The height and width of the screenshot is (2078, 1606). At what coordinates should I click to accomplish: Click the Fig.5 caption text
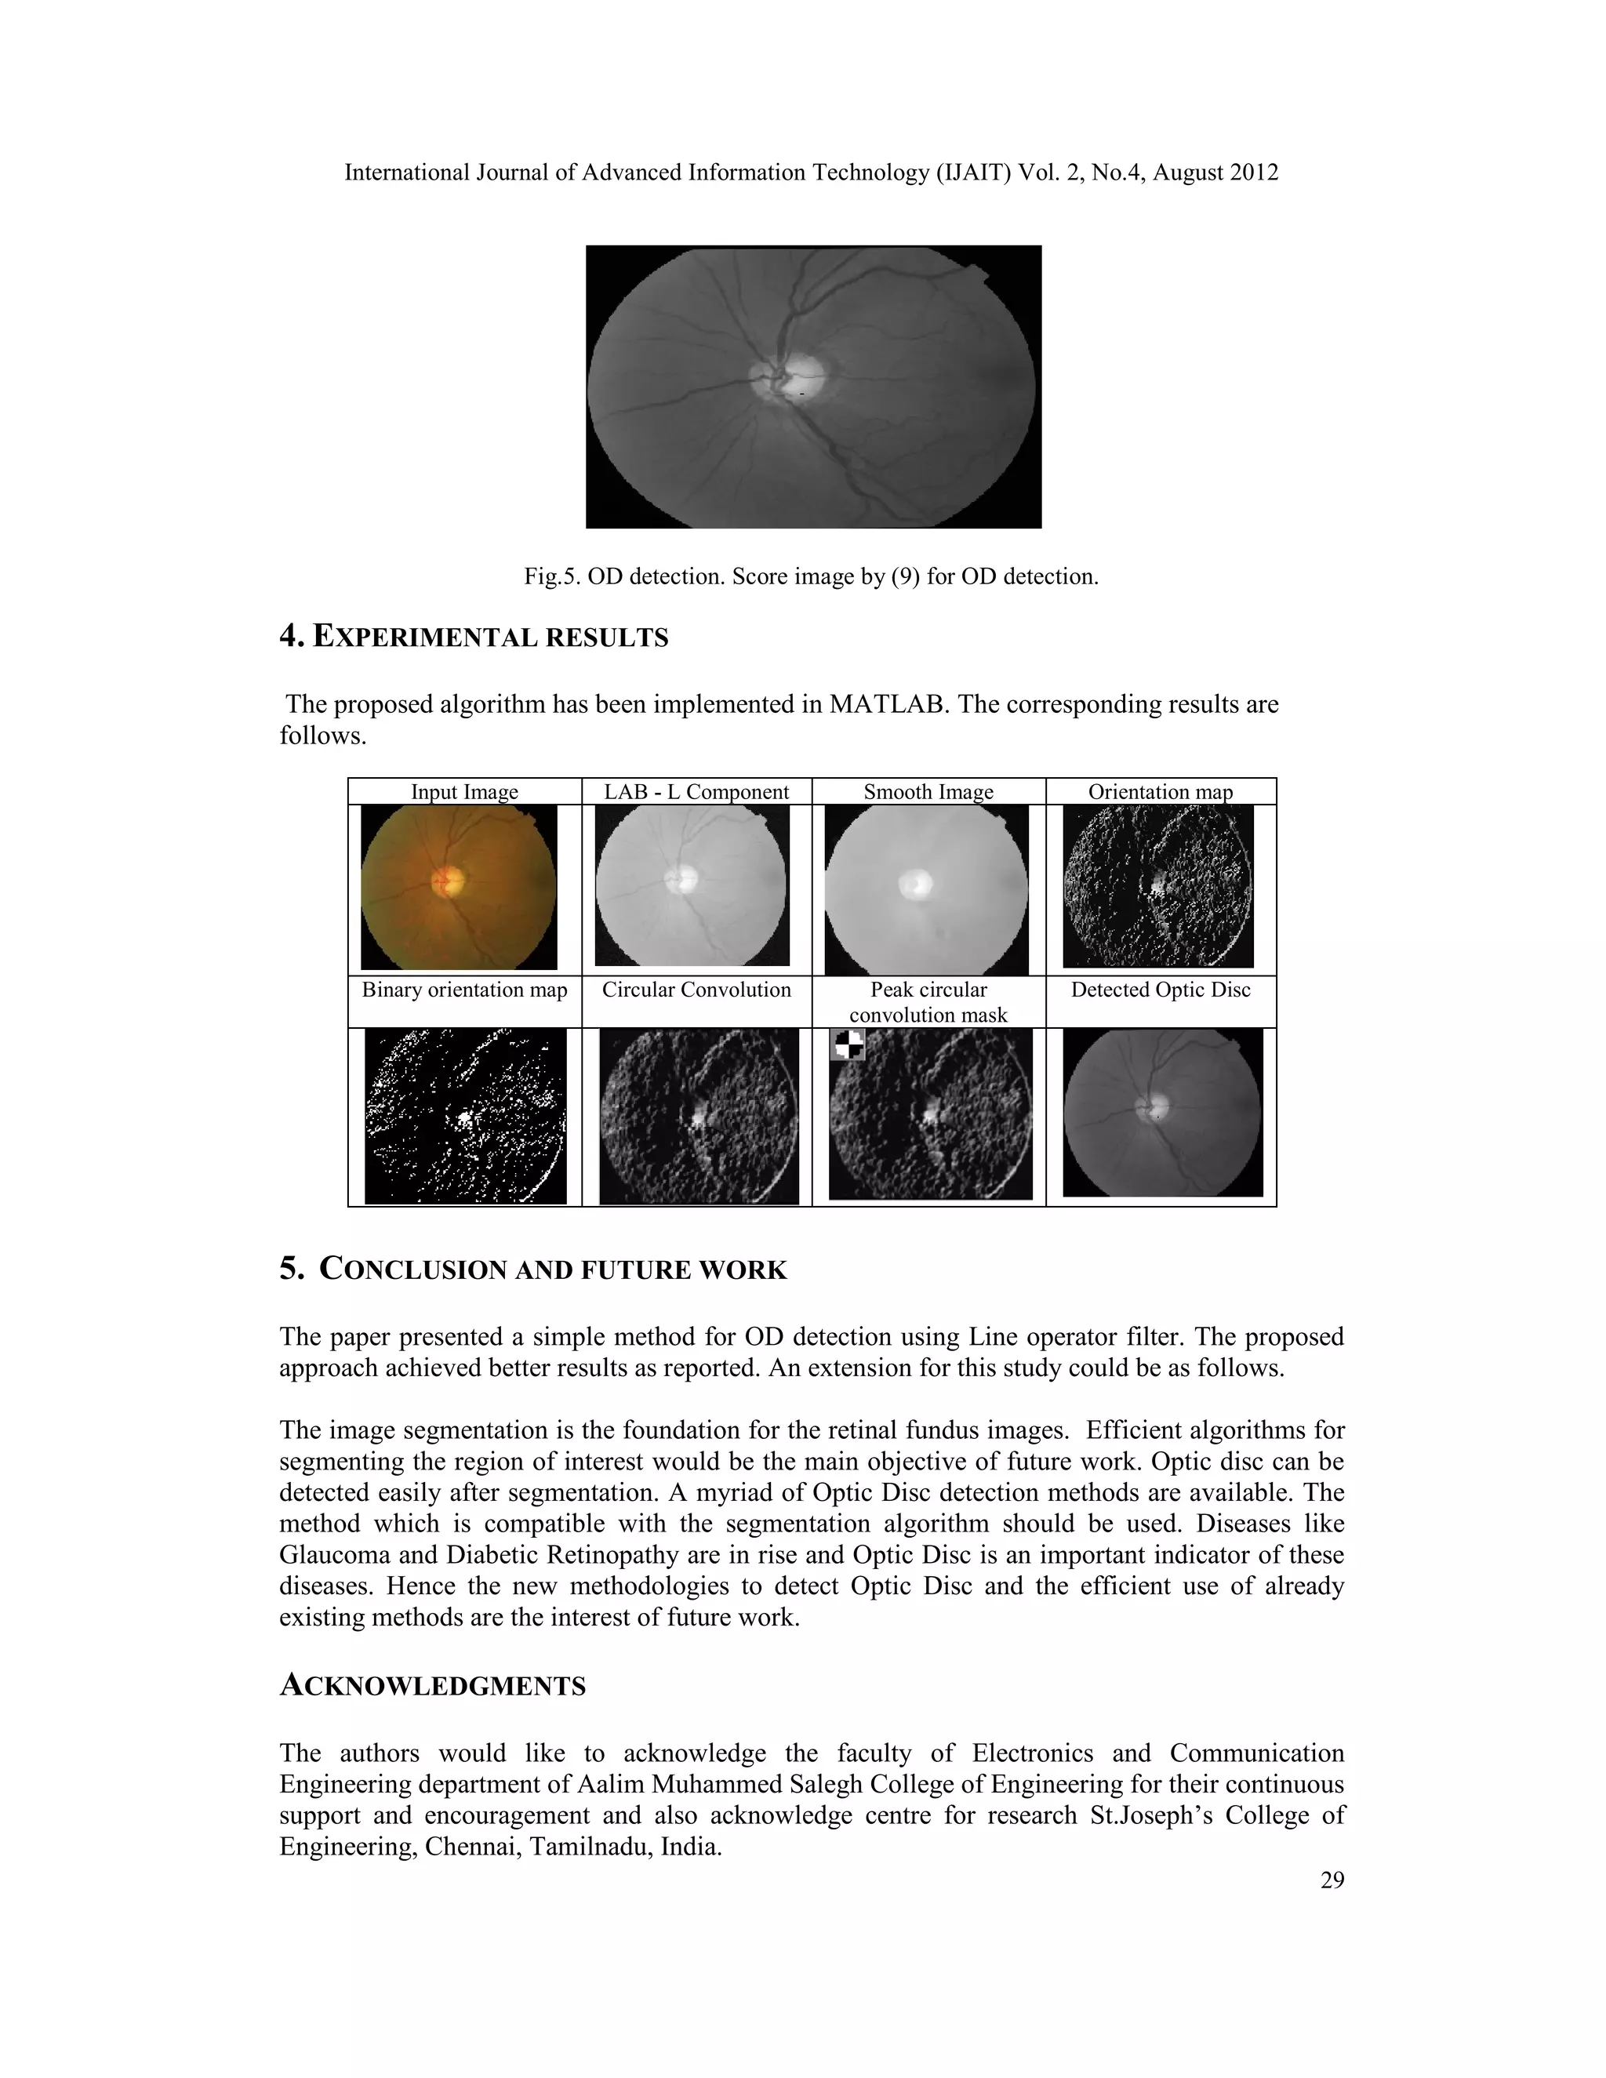click(811, 576)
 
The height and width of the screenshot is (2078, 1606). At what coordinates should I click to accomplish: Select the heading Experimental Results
click(474, 637)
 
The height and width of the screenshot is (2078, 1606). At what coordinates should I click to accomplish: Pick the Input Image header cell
click(464, 792)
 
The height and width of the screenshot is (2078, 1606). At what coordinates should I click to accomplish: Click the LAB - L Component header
click(696, 792)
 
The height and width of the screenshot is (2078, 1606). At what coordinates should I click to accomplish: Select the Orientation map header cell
click(1160, 792)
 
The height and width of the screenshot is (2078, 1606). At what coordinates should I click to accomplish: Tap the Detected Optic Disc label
click(1160, 990)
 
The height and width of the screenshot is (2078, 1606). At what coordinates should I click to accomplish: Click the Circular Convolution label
click(696, 990)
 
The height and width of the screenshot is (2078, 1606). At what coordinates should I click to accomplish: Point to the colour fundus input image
click(459, 887)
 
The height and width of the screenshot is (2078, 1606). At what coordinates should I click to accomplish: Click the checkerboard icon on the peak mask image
click(847, 1044)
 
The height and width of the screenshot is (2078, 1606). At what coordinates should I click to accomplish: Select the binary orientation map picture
click(465, 1116)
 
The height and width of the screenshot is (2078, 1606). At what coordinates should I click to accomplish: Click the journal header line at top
click(811, 173)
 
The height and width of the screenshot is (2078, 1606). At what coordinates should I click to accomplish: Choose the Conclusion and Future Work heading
click(532, 1270)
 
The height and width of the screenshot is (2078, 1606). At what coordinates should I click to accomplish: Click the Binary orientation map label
click(464, 990)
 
